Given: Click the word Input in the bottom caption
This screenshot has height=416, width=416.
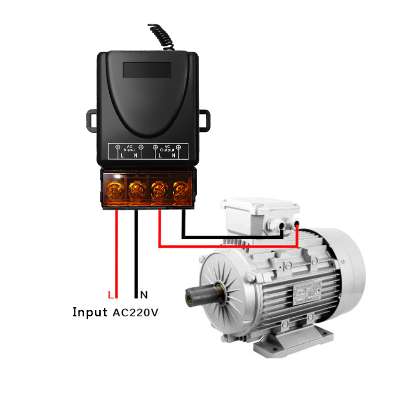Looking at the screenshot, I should (90, 313).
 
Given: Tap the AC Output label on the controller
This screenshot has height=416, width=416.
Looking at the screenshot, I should (167, 149).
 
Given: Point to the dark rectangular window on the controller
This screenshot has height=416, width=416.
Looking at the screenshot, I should (147, 70).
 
